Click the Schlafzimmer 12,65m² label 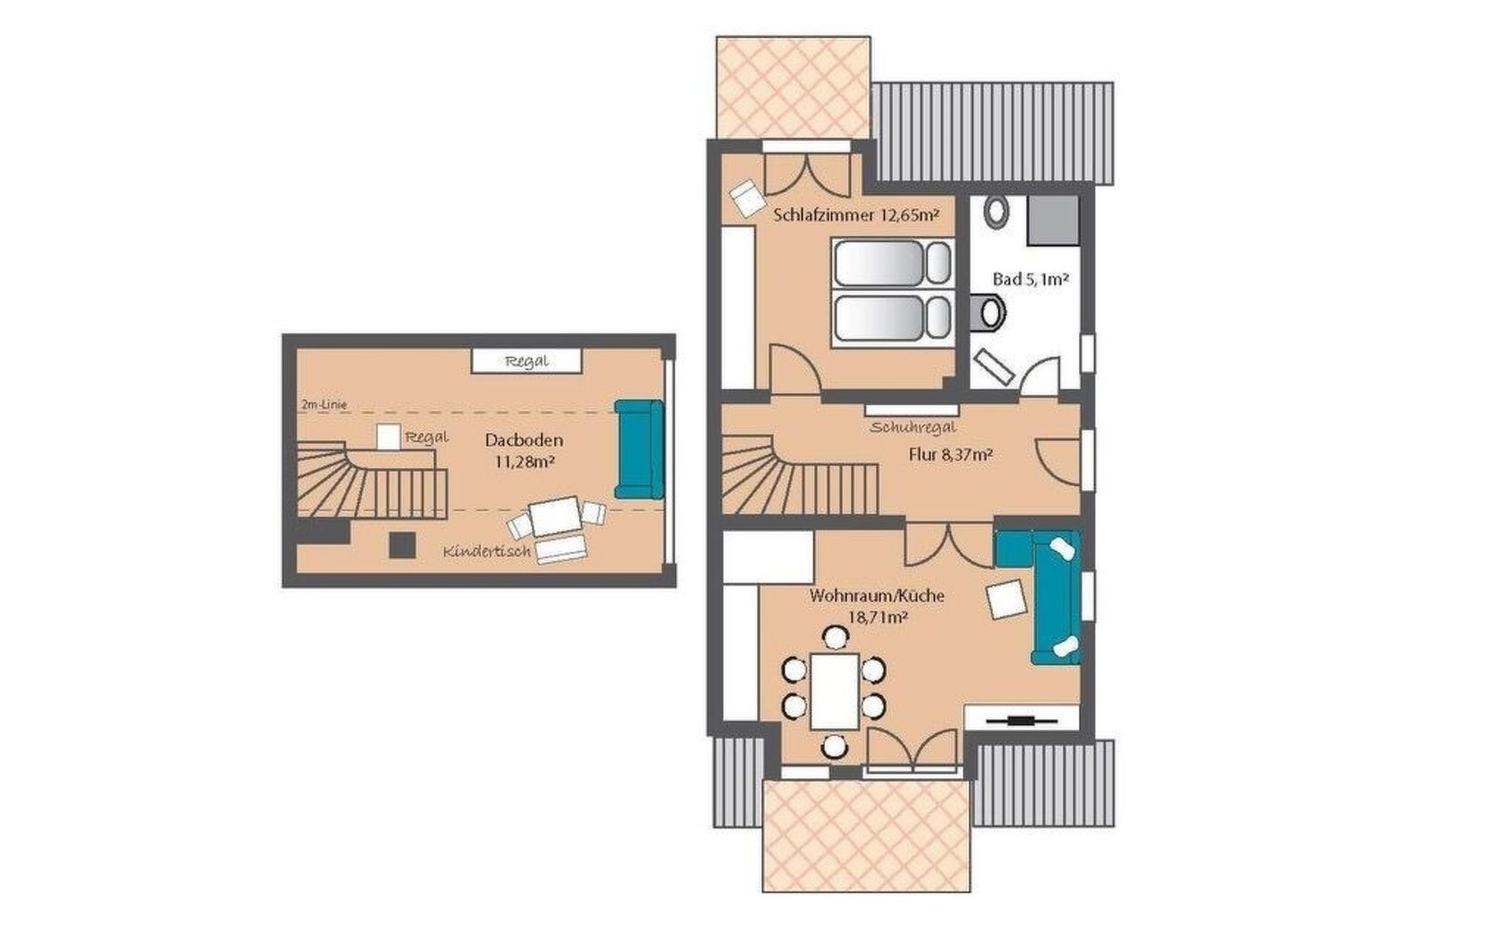click(x=856, y=216)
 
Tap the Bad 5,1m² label click(x=1030, y=279)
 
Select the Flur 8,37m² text click(x=951, y=455)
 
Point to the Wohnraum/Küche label click(x=877, y=596)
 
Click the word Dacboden click(x=524, y=440)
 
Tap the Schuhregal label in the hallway click(x=913, y=427)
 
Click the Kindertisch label click(x=487, y=551)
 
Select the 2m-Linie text click(x=325, y=404)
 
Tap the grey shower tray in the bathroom click(x=1053, y=220)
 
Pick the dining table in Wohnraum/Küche click(x=835, y=691)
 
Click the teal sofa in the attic click(x=639, y=449)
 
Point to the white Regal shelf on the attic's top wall click(x=526, y=361)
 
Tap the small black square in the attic click(x=402, y=544)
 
